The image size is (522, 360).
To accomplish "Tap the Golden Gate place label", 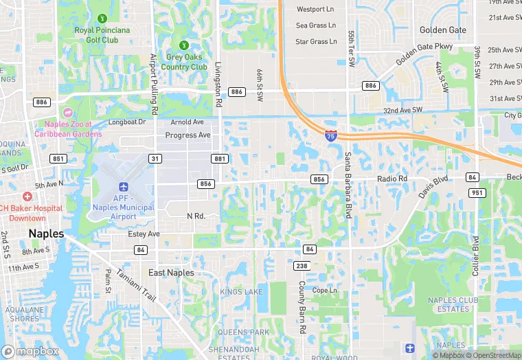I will click(443, 30).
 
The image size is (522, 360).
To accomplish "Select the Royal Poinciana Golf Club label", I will click(102, 35).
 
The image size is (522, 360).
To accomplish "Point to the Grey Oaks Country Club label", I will click(184, 63).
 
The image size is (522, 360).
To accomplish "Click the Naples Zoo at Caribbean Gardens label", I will click(73, 128).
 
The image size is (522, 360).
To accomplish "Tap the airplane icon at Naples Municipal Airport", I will click(124, 187).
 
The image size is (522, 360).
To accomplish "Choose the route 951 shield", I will click(475, 192).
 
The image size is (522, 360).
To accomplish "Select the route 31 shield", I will click(156, 159).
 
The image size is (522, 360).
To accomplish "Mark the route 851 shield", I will click(58, 159).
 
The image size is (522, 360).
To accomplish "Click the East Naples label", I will click(171, 273).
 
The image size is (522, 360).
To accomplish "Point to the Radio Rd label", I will click(392, 179).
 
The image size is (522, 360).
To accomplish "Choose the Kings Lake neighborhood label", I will click(241, 292).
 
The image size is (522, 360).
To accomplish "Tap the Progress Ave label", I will click(188, 135).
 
